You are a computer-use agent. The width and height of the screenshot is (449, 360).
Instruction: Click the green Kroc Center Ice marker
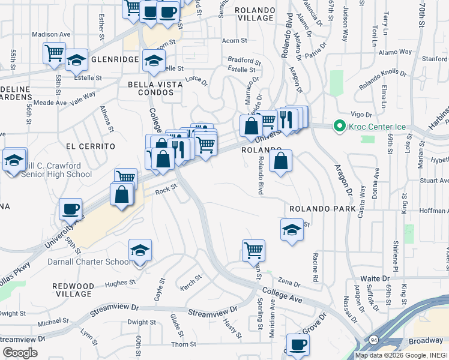339,126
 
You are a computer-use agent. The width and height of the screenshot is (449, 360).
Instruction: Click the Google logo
20,352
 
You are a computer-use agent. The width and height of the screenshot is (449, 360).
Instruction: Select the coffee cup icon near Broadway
298,345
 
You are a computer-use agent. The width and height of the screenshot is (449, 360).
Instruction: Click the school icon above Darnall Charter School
140,250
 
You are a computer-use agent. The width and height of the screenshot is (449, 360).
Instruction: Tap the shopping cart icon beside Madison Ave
55,53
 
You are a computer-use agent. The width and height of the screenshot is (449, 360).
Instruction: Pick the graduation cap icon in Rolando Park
292,230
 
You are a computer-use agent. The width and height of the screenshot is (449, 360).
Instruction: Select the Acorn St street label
235,41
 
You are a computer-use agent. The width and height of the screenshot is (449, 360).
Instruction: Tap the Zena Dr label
288,283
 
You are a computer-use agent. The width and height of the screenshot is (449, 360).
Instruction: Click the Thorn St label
184,344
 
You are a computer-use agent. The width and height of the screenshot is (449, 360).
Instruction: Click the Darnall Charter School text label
89,262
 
